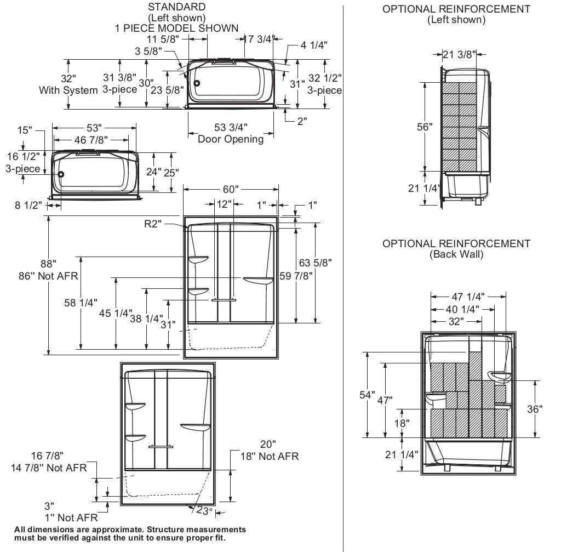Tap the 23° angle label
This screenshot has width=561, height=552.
(204, 510)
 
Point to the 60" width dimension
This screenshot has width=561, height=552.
(231, 189)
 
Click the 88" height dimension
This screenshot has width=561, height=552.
(48, 264)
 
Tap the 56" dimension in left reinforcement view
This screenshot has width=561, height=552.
(423, 127)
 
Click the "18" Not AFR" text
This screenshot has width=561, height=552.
(270, 456)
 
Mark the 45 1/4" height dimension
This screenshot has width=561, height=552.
(115, 313)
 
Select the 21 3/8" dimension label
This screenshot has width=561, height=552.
(459, 54)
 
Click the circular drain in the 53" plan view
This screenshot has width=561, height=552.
(61, 174)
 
